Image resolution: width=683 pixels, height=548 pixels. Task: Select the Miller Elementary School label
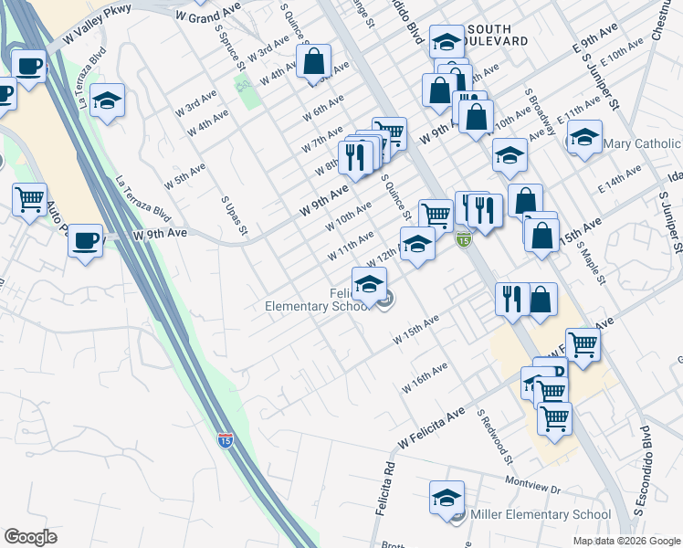pos(540,515)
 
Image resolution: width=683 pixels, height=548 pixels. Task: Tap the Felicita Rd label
pos(384,493)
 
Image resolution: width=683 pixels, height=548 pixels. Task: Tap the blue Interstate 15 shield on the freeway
pos(225,440)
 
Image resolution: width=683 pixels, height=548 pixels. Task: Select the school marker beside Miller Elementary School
pos(447,498)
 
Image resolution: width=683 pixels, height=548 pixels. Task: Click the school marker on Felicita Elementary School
pos(369,283)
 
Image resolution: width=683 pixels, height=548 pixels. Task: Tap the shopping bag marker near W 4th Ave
pos(313,62)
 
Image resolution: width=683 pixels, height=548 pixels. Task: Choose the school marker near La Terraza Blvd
pos(107,100)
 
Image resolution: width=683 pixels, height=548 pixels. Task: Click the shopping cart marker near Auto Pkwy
pos(30,198)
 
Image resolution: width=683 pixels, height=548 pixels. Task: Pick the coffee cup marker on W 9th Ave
pos(86,241)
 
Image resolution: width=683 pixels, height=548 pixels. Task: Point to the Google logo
pos(31,537)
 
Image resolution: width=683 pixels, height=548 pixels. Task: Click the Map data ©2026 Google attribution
pos(625,541)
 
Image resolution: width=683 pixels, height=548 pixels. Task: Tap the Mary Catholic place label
pos(643,144)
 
